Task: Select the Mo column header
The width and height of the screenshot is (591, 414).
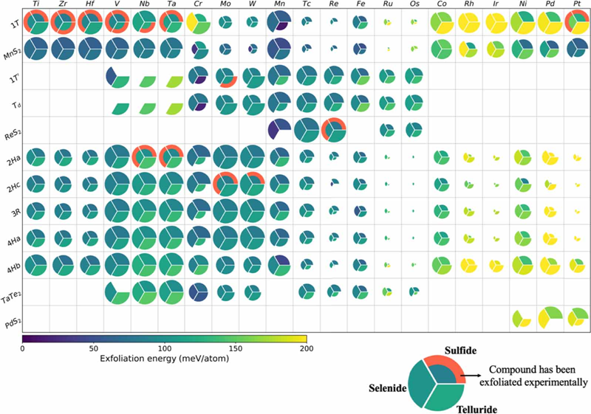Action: (x=224, y=5)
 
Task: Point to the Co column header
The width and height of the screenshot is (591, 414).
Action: (x=441, y=5)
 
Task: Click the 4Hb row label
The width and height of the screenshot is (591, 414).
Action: (x=12, y=266)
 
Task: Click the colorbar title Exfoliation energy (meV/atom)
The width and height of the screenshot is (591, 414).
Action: (x=164, y=357)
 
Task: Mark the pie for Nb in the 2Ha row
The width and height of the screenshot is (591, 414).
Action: (x=144, y=157)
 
